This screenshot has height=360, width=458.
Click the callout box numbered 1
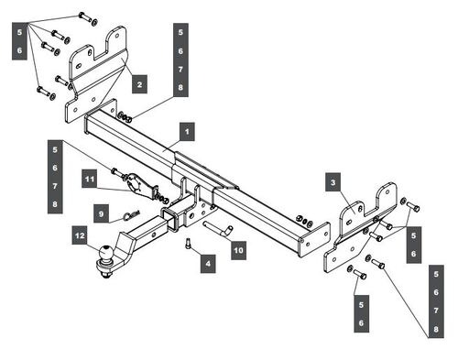tap(187, 132)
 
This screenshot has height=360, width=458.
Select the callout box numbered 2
tap(139, 84)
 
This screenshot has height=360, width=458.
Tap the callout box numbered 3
tap(333, 182)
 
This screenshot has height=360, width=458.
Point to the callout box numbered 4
tap(208, 264)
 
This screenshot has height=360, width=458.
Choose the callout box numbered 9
tap(101, 213)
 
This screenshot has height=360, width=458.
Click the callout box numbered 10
tap(238, 250)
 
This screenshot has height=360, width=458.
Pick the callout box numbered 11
tap(90, 179)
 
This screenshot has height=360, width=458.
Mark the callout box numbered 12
tap(80, 235)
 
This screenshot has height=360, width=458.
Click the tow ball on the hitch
tap(105, 253)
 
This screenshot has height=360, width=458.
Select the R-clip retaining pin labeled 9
tap(131, 215)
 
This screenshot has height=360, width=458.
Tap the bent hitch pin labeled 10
tap(218, 230)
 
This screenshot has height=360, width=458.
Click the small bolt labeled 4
tap(189, 244)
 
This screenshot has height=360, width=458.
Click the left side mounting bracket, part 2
tap(96, 75)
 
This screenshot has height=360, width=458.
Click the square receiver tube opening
tap(169, 219)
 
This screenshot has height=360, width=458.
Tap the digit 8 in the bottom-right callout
tap(436, 329)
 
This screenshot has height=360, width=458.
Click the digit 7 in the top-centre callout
tap(180, 70)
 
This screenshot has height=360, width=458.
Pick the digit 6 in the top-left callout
tap(19, 50)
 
